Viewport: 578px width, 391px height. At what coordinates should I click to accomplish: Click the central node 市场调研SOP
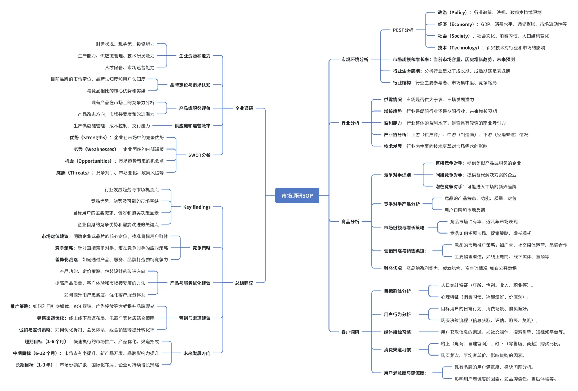[297, 195]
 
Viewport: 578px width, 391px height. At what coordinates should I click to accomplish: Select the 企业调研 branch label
[244, 108]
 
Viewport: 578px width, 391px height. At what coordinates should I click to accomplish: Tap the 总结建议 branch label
[244, 283]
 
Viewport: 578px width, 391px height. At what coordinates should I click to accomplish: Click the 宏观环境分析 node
[355, 59]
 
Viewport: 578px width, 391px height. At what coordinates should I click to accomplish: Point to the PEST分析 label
[403, 30]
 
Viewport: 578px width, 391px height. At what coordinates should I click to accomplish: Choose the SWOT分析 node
[199, 155]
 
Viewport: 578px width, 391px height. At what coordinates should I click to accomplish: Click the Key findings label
[197, 207]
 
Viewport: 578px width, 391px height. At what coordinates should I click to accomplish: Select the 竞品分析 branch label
[350, 222]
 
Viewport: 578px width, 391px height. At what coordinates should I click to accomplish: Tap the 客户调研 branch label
[350, 332]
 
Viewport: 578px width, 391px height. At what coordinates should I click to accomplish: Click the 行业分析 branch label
[350, 123]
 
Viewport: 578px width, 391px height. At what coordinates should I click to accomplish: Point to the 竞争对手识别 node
[397, 175]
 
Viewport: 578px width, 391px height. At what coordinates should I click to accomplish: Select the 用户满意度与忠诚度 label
[405, 373]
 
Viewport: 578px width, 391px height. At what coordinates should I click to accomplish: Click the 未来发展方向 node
[197, 353]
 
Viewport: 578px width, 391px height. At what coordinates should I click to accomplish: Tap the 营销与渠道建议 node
[194, 318]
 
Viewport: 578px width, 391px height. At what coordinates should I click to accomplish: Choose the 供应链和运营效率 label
[192, 126]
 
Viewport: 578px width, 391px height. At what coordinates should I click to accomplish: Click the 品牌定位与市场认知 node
[190, 85]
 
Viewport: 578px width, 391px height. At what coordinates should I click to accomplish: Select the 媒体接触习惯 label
[398, 332]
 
